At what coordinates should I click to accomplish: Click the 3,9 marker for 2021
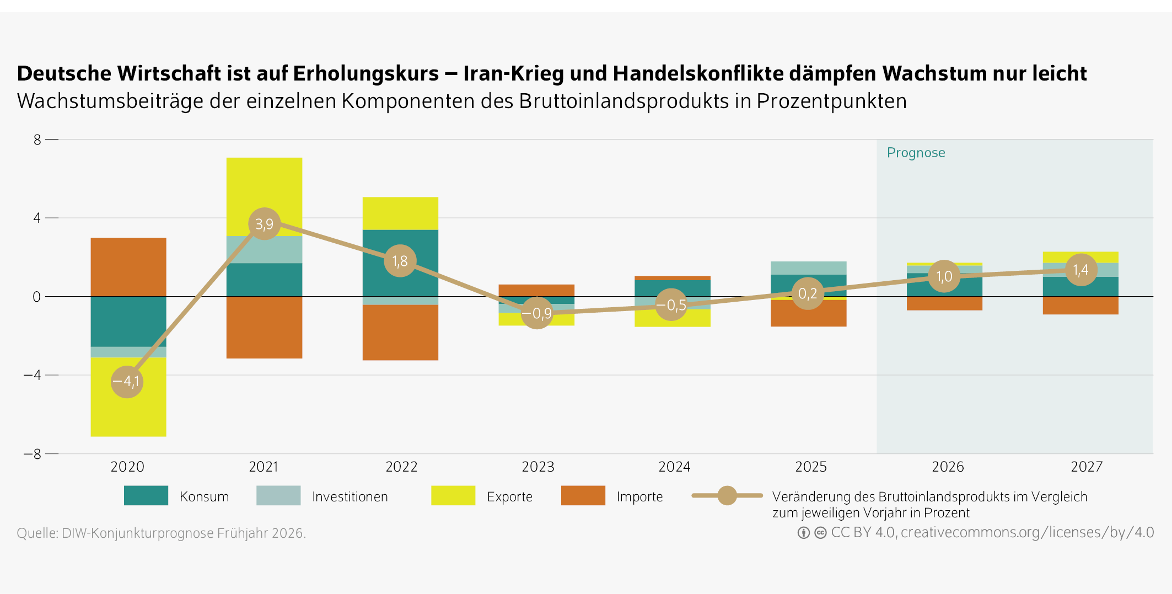(x=265, y=224)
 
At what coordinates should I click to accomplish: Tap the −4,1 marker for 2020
(x=127, y=382)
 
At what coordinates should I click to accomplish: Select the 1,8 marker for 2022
(x=400, y=261)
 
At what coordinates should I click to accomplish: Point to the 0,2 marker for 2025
(x=808, y=293)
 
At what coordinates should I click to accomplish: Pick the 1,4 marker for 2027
(x=1081, y=270)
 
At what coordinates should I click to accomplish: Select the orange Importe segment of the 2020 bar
(x=128, y=267)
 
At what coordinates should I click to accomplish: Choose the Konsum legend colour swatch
(x=146, y=496)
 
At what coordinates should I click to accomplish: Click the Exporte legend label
(x=509, y=497)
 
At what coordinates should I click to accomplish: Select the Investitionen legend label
(x=350, y=497)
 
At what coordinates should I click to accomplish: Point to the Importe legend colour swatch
(x=583, y=496)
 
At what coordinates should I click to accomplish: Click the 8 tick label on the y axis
(x=37, y=140)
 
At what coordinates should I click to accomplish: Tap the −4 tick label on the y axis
(x=33, y=375)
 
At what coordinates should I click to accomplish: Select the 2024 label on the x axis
(x=674, y=467)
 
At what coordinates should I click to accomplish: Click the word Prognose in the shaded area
(x=916, y=153)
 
